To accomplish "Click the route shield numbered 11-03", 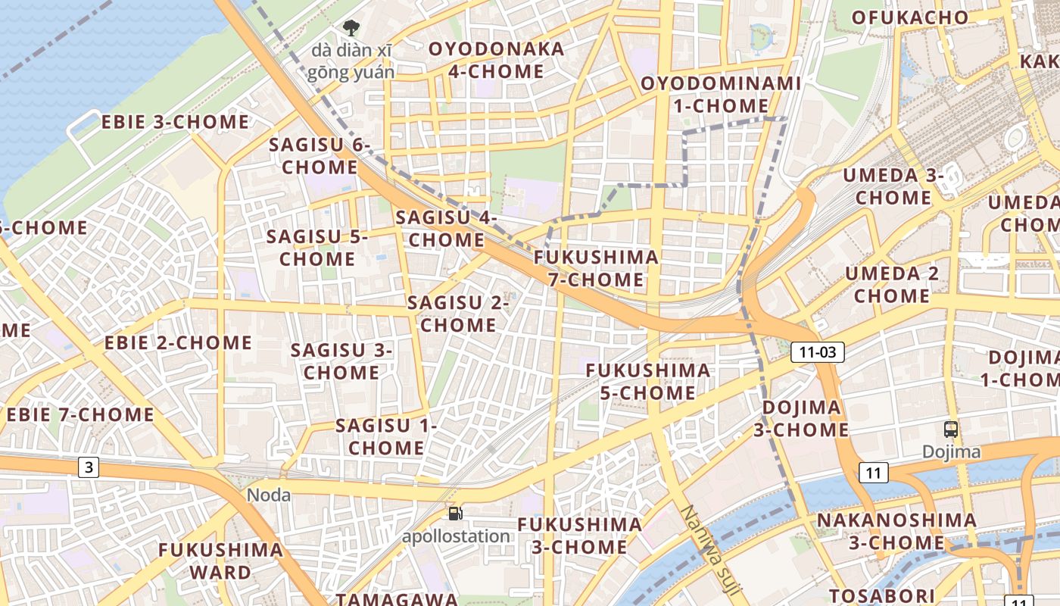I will [x=818, y=352].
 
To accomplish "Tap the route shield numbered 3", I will [x=89, y=467].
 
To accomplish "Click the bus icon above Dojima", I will [x=951, y=430].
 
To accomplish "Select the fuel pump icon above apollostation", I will [x=455, y=514].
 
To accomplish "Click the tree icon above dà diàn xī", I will [x=351, y=29].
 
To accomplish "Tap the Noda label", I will [x=270, y=495].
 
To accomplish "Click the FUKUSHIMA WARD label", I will [x=220, y=561].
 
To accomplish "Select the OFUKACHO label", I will [x=909, y=17].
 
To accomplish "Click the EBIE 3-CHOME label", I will [x=175, y=122].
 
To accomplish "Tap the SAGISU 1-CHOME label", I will [x=386, y=436].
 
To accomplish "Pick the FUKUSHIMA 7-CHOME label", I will [x=596, y=268].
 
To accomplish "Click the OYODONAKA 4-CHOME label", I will [x=496, y=60].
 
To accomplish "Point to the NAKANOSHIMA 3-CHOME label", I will [x=896, y=531].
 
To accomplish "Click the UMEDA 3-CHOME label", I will [x=893, y=186].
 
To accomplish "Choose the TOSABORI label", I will [x=878, y=595].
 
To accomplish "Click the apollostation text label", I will [x=456, y=536].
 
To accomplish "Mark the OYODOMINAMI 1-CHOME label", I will [x=720, y=94].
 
